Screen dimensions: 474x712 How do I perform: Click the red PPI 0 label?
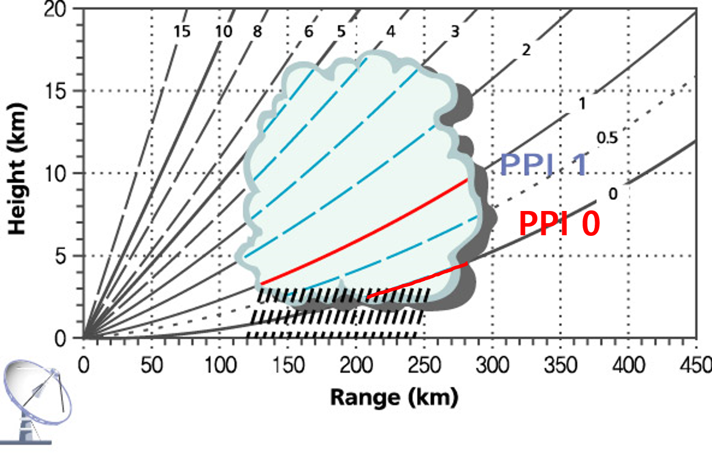tap(559, 224)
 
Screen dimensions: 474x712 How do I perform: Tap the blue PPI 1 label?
tap(543, 165)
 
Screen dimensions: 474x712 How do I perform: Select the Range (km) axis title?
tap(394, 398)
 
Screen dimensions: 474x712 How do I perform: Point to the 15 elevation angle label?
tap(181, 32)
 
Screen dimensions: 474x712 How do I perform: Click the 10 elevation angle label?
tap(223, 32)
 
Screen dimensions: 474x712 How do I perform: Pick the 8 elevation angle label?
tap(257, 32)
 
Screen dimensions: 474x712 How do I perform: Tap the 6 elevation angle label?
tap(309, 32)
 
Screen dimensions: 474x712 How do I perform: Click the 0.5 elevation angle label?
tap(607, 138)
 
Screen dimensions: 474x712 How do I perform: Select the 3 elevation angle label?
tap(455, 32)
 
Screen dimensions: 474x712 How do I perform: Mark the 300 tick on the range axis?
tap(492, 365)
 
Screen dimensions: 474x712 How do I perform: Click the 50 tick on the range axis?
tap(151, 365)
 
